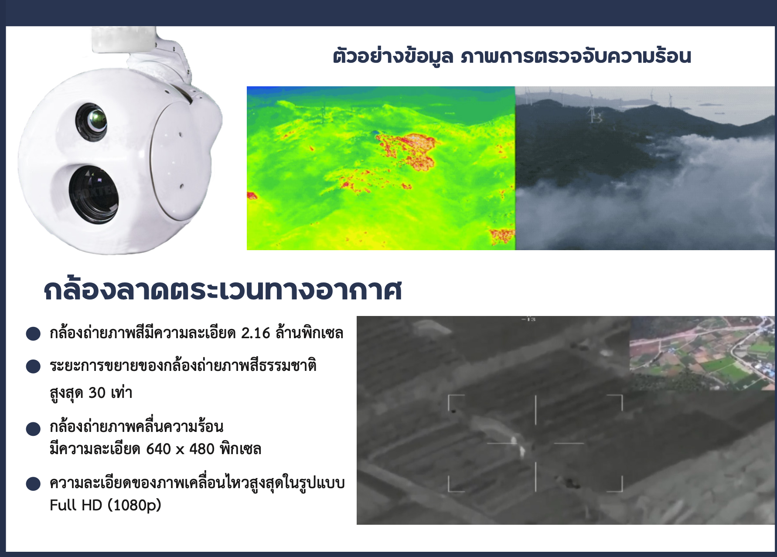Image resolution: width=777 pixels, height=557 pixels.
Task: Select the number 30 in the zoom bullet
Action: (x=97, y=393)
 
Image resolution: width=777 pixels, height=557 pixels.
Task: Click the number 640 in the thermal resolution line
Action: (x=158, y=448)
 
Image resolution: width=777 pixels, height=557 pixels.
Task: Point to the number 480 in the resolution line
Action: (x=201, y=448)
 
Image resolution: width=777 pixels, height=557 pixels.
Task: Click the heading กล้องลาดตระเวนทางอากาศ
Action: (x=223, y=290)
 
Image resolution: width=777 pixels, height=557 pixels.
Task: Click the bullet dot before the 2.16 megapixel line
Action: (x=33, y=334)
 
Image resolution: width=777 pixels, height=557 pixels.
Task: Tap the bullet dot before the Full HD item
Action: (x=33, y=484)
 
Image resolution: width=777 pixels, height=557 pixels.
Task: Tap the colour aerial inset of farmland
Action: (x=702, y=353)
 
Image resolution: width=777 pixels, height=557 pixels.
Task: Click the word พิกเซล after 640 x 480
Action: (x=241, y=448)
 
